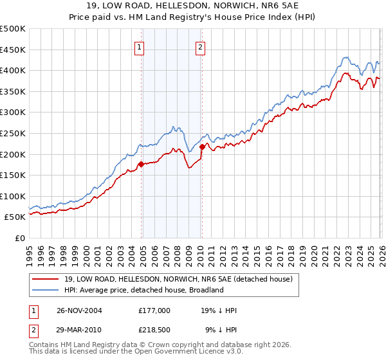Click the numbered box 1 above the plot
pos(140,46)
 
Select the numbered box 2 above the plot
pos(201,46)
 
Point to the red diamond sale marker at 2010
pos(202,147)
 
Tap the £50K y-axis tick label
pos(15,217)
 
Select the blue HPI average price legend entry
pos(143,290)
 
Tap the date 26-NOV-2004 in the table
pos(79,310)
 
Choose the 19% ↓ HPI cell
pos(219,310)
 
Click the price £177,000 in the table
pos(153,310)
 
